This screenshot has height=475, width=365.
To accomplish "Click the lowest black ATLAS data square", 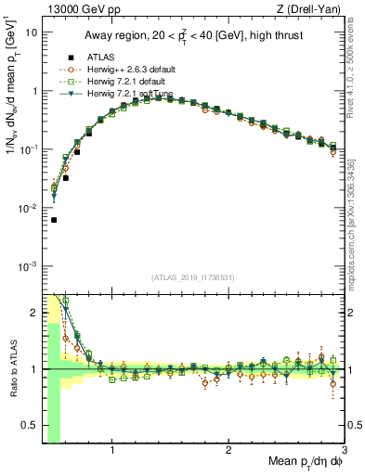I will [x=54, y=220].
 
